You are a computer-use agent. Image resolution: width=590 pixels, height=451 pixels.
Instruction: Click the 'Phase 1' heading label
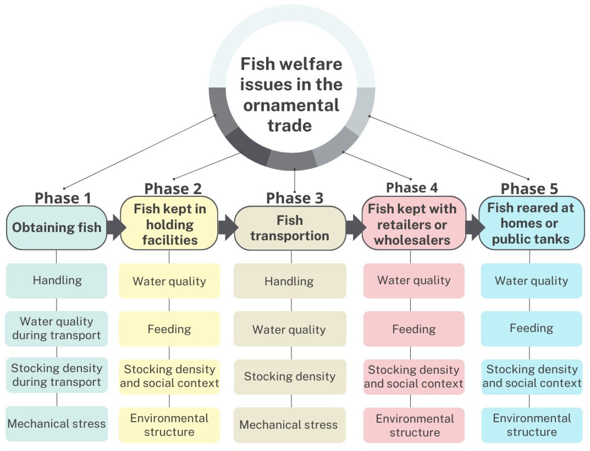coord(63,198)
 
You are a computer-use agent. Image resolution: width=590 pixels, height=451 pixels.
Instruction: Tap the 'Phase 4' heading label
coord(412,188)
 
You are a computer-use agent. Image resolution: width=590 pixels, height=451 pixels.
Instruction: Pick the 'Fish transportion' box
coord(290,228)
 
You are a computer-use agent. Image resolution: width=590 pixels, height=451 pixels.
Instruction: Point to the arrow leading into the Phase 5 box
coord(474,227)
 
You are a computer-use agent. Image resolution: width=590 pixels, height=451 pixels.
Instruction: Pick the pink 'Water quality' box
coord(414,281)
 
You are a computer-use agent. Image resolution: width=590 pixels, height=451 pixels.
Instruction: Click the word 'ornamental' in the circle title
coord(291,105)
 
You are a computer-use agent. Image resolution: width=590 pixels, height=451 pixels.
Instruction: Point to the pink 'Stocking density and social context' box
coord(414,377)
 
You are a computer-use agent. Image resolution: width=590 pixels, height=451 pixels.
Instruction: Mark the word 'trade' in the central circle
coord(290,126)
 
